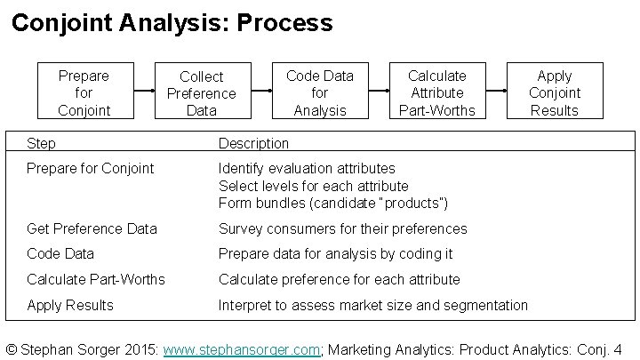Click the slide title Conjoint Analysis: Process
(x=172, y=22)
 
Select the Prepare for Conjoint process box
(x=84, y=92)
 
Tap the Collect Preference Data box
(x=202, y=93)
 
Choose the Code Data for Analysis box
(x=320, y=92)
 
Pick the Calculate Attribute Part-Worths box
(x=437, y=92)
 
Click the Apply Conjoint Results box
(x=555, y=92)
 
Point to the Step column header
(x=42, y=143)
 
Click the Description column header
(x=254, y=143)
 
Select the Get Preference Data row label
(x=92, y=228)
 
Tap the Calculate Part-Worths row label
(x=96, y=279)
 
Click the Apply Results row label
(x=70, y=305)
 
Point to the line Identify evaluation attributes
(x=307, y=168)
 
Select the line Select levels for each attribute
(x=314, y=186)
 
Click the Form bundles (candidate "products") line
(x=333, y=203)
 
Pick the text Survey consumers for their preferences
(x=342, y=228)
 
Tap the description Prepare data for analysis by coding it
(x=336, y=253)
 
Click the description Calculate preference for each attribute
(x=340, y=279)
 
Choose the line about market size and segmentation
(x=373, y=305)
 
